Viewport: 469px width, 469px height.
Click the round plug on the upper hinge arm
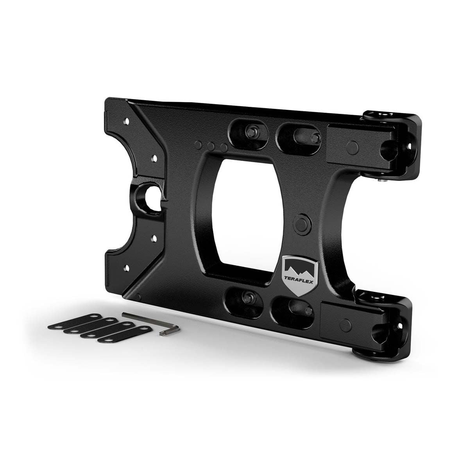353,147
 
